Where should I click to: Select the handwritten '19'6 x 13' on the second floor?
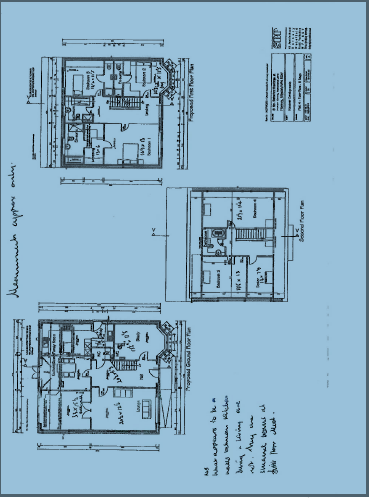(x=265, y=277)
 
